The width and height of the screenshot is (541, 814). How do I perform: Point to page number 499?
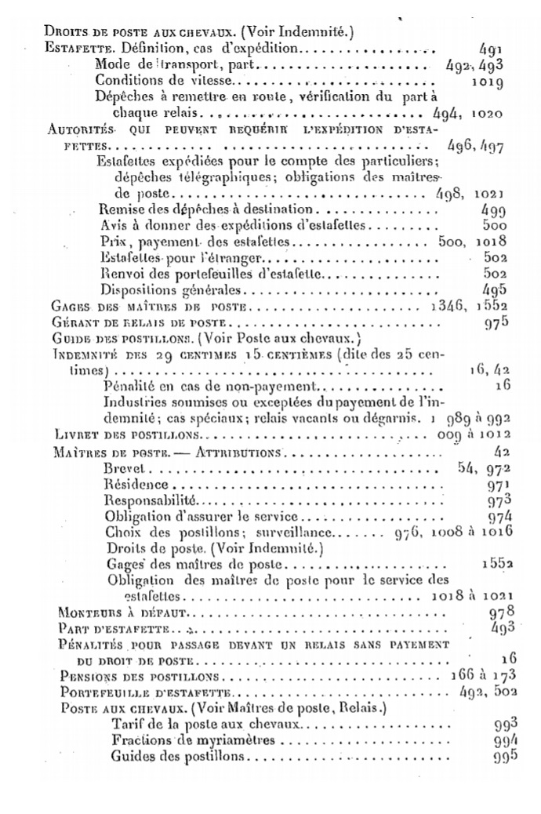[493, 210]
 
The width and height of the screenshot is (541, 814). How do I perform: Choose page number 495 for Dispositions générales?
[494, 289]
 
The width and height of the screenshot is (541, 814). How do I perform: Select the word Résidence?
[134, 485]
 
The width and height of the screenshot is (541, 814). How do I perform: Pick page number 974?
[499, 516]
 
